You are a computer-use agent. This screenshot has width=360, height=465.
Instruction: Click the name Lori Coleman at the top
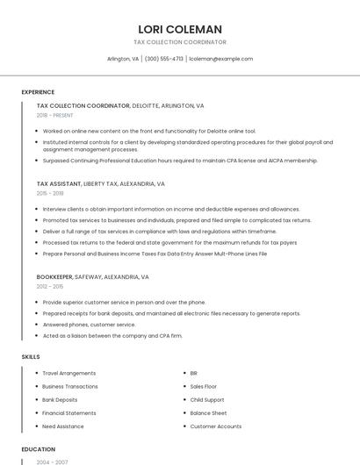tap(179, 29)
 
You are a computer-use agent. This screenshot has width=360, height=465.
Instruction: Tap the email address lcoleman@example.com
tap(222, 59)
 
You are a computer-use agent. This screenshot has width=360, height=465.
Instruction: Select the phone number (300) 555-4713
tap(164, 59)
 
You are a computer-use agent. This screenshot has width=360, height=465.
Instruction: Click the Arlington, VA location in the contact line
tap(123, 59)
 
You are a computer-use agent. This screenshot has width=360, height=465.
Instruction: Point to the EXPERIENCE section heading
tap(38, 92)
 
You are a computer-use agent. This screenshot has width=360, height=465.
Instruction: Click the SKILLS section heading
tap(31, 357)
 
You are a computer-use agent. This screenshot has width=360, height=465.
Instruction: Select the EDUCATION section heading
tap(39, 449)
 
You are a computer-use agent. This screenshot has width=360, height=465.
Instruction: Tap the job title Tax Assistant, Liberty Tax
tap(100, 184)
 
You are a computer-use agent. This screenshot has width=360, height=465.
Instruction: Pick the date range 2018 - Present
tap(54, 115)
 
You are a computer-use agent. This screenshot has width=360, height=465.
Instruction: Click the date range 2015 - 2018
tap(50, 193)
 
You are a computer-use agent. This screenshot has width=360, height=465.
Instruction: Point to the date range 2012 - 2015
tap(50, 286)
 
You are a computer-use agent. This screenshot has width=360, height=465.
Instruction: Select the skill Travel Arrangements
tap(69, 373)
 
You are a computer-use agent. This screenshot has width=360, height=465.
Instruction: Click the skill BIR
tap(194, 373)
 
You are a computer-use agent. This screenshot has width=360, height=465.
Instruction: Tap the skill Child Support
tap(207, 399)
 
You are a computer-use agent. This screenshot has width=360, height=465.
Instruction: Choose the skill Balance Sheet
tap(208, 412)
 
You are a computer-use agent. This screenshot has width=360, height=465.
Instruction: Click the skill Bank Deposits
tap(60, 399)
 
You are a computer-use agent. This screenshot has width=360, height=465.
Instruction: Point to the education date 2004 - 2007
tap(52, 461)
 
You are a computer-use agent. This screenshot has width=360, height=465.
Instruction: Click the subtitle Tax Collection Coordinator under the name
tap(179, 42)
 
